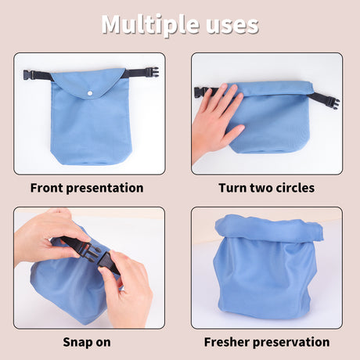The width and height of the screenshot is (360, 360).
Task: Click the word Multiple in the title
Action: coord(149,24)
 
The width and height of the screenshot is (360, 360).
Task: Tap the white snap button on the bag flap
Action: coord(91,92)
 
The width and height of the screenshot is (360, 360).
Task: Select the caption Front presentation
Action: coord(87,188)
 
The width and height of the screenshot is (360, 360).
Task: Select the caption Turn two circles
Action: coord(267,188)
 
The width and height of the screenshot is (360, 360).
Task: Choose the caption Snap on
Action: coord(87,342)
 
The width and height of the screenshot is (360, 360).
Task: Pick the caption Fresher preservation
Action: coord(267,342)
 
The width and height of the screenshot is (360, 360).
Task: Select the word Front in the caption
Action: coord(49,188)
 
